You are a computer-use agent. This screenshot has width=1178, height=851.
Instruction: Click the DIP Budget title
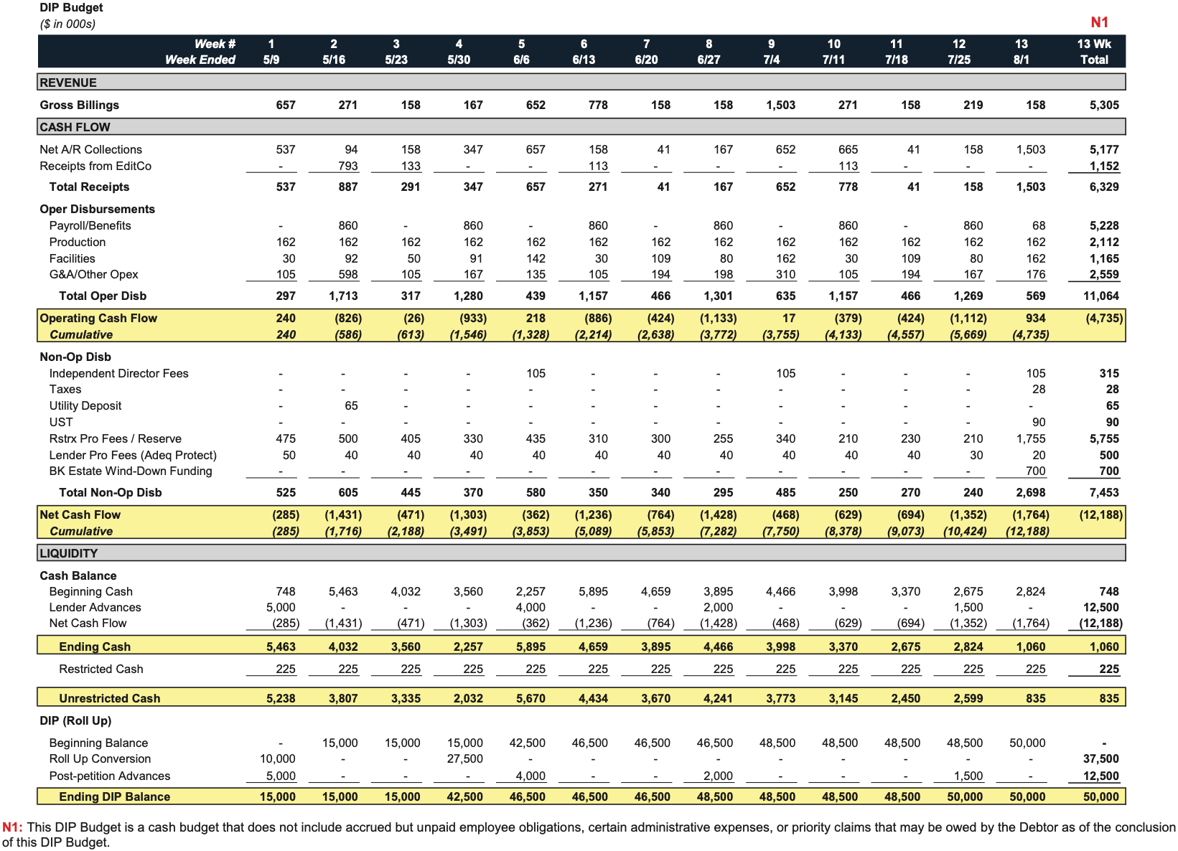tap(71, 7)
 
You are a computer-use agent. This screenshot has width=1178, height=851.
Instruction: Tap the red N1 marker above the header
tap(1099, 22)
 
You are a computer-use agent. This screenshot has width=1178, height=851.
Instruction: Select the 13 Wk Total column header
tap(1094, 52)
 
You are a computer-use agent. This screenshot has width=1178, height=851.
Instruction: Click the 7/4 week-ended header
tap(771, 60)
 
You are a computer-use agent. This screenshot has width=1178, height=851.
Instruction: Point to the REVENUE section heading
tap(68, 83)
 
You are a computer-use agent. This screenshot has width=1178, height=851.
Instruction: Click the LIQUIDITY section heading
tap(69, 553)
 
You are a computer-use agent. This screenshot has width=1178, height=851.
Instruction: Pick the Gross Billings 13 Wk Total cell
tap(1104, 105)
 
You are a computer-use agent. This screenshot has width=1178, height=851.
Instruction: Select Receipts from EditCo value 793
tap(347, 166)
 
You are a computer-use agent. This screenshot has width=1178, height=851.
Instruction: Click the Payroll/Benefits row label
tap(90, 225)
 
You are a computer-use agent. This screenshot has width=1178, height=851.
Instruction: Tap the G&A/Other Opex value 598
tap(347, 274)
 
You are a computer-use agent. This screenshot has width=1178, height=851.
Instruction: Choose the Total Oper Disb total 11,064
tap(1100, 296)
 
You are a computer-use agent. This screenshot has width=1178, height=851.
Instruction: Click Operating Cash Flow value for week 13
tap(1035, 318)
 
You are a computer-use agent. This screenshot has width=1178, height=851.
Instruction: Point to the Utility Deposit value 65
tap(351, 406)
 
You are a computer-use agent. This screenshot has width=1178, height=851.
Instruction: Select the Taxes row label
tap(65, 390)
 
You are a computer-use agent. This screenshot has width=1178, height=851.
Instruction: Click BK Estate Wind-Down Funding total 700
tap(1108, 471)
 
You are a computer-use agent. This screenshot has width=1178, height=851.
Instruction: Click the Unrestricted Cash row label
tap(109, 698)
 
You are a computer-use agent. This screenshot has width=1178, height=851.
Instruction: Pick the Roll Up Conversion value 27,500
tap(465, 758)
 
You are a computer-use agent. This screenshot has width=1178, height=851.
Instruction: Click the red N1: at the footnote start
tap(13, 827)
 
